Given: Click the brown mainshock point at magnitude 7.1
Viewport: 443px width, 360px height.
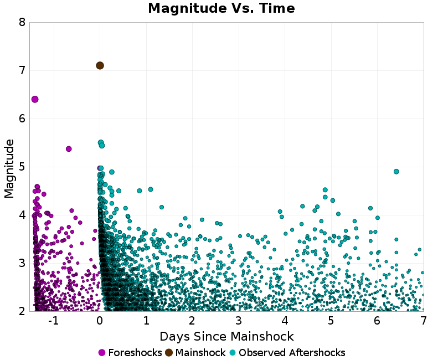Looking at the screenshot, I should pyautogui.click(x=100, y=65).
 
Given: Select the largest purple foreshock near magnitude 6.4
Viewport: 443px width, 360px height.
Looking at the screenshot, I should pyautogui.click(x=35, y=99).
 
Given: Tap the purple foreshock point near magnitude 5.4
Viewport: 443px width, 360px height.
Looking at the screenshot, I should pyautogui.click(x=69, y=149).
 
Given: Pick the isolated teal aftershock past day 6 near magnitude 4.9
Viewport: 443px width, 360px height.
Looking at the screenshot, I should pyautogui.click(x=396, y=172).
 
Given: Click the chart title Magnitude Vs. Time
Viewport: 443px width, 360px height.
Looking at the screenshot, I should pyautogui.click(x=221, y=9).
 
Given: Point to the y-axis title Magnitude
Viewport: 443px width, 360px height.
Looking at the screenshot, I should pyautogui.click(x=9, y=168).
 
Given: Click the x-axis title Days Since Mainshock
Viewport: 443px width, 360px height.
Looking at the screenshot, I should pyautogui.click(x=226, y=336).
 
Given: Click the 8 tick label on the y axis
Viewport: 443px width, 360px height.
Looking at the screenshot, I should pyautogui.click(x=22, y=23).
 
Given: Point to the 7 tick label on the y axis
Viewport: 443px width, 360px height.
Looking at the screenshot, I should pyautogui.click(x=22, y=71).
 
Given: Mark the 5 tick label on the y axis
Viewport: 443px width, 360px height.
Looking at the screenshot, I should pyautogui.click(x=22, y=167).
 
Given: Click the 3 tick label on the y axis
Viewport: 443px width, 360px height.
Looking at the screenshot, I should pyautogui.click(x=22, y=263).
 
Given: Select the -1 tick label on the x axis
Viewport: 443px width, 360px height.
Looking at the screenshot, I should pyautogui.click(x=53, y=321).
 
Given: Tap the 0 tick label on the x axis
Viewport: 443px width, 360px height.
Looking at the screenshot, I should pyautogui.click(x=100, y=321).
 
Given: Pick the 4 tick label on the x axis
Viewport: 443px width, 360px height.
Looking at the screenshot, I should pyautogui.click(x=285, y=321).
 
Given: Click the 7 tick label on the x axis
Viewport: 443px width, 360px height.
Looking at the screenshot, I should pyautogui.click(x=423, y=321).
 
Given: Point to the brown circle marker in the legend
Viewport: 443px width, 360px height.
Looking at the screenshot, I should pyautogui.click(x=169, y=353).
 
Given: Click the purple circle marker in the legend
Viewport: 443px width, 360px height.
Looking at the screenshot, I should pyautogui.click(x=102, y=353).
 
